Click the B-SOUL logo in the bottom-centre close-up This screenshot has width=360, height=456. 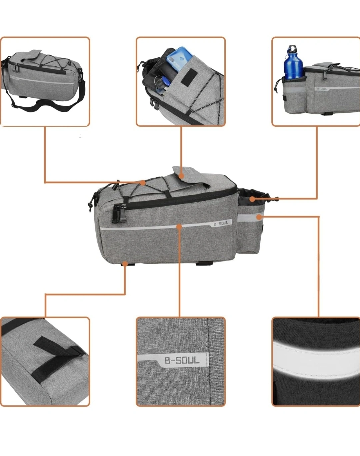pyautogui.click(x=182, y=361)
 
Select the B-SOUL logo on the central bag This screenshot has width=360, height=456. pyautogui.click(x=221, y=223)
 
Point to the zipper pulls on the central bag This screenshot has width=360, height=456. pyautogui.click(x=120, y=213)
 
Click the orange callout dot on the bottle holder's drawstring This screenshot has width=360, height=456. pyautogui.click(x=252, y=199)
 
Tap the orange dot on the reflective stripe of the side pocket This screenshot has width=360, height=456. pyautogui.click(x=259, y=217)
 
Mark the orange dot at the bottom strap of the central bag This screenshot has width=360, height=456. pyautogui.click(x=125, y=264)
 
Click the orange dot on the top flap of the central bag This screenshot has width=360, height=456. pyautogui.click(x=181, y=176)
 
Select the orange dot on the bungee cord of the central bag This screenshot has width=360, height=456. pyautogui.click(x=143, y=183)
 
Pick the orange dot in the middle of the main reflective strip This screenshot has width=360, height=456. pyautogui.click(x=179, y=226)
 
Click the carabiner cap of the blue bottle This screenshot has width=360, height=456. pyautogui.click(x=292, y=49)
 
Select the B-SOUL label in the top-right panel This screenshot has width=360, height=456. pyautogui.click(x=322, y=89)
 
